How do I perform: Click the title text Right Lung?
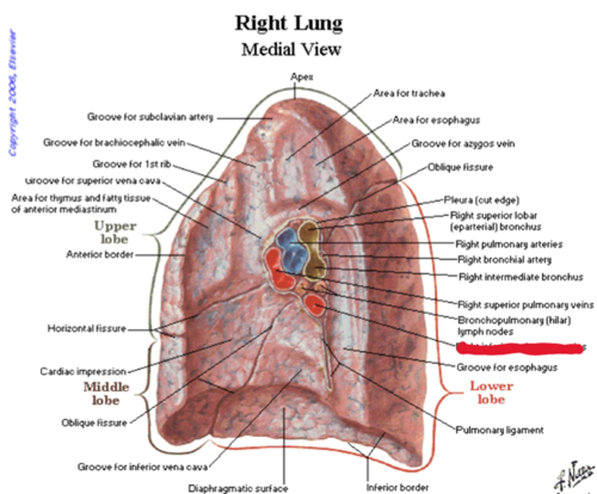click(x=289, y=23)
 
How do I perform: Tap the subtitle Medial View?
click(x=291, y=50)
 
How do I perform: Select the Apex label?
click(x=302, y=77)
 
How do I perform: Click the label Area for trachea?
click(x=409, y=94)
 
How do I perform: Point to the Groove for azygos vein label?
click(x=463, y=144)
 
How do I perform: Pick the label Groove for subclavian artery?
click(x=150, y=117)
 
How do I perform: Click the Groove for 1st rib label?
click(x=132, y=165)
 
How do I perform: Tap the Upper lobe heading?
click(x=115, y=232)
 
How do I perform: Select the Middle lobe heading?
click(x=106, y=393)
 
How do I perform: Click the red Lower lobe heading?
click(x=491, y=392)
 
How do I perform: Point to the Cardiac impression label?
click(x=83, y=371)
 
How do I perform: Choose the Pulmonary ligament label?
click(x=500, y=430)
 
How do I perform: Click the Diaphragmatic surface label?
click(x=238, y=489)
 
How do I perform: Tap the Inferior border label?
click(x=397, y=488)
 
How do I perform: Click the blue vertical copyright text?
click(x=13, y=93)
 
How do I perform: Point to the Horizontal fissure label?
click(x=87, y=329)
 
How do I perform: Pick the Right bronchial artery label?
click(x=505, y=260)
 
